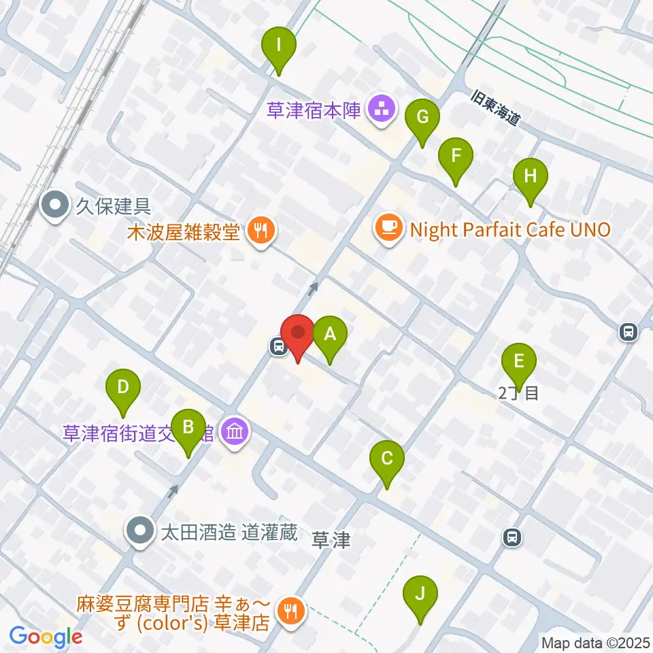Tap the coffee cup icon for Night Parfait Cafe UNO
pos(388,227)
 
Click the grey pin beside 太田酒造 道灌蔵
pos(141,530)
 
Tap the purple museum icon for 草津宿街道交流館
pos(235,433)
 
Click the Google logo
pos(46,637)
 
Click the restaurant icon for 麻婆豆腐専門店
pos(291,609)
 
